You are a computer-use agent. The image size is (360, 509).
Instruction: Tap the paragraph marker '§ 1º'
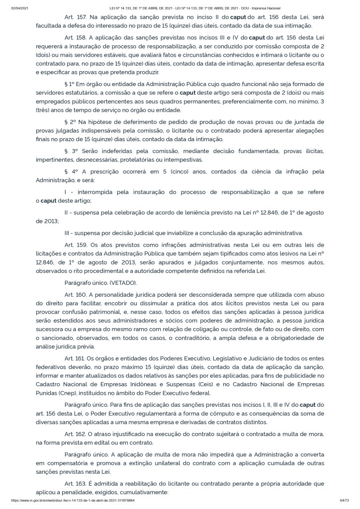70,84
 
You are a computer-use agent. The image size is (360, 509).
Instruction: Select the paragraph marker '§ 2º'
70,122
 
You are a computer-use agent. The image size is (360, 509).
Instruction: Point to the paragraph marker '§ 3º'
71,151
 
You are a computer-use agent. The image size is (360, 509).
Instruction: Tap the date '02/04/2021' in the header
18,8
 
